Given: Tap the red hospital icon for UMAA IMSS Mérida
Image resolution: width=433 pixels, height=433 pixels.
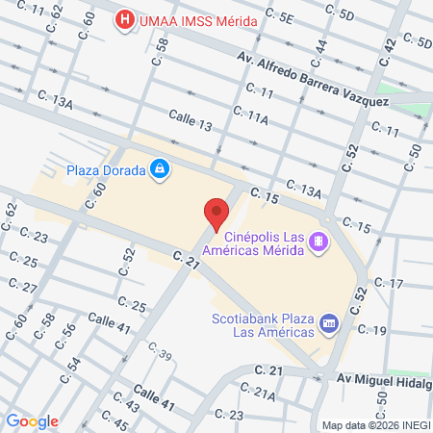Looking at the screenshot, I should coord(123,19).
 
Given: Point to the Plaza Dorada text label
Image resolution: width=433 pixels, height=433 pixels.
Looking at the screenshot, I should coord(105,171).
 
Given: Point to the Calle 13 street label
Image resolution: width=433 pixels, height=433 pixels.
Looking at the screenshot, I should coord(191,122).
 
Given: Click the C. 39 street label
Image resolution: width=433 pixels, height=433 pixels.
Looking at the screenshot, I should coord(160,357).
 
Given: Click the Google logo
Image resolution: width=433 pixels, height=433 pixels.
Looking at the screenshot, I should coord(32,420).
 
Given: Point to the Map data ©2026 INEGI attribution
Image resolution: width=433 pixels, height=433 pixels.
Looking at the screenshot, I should coord(375,424).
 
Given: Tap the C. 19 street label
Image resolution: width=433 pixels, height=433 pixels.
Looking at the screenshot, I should coord(372,330).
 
